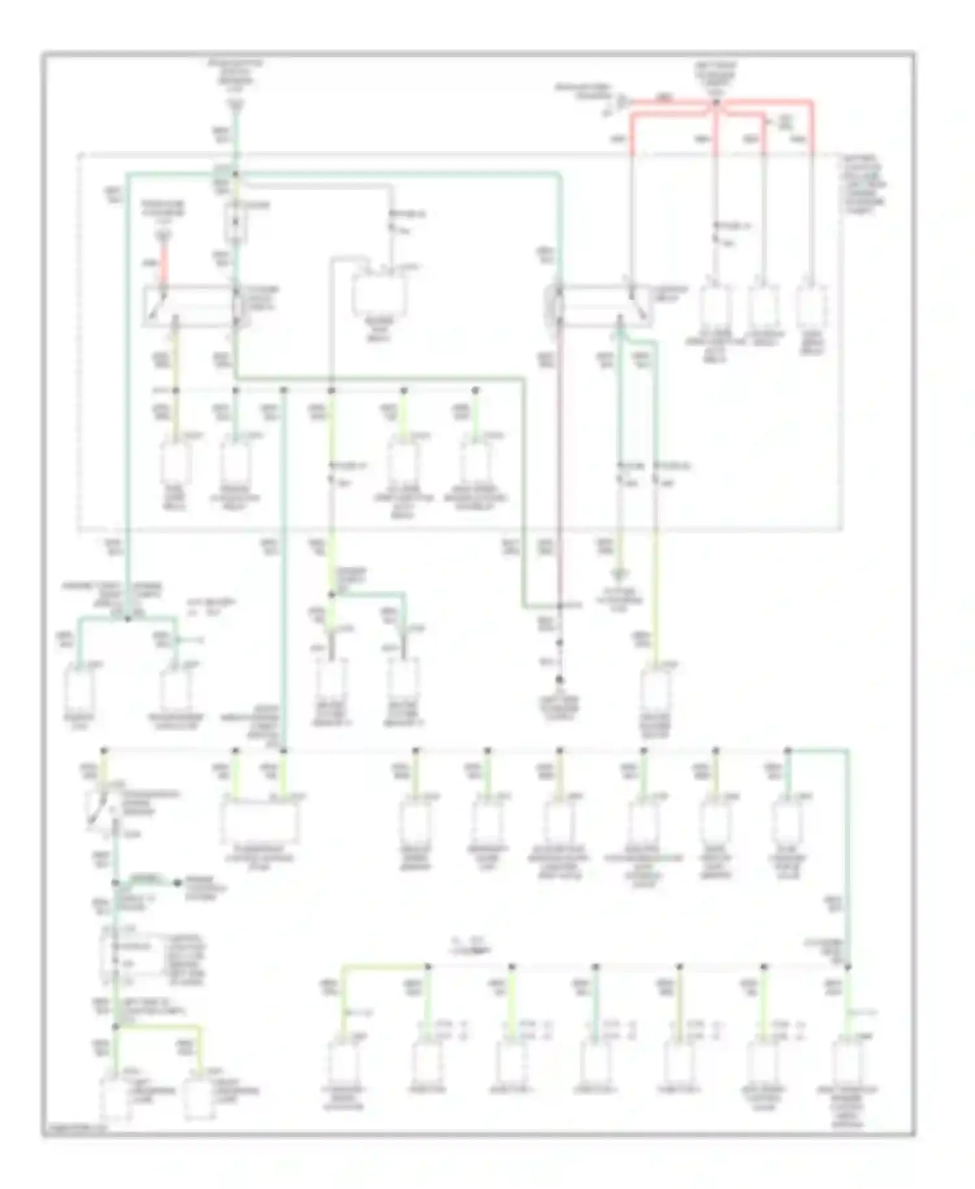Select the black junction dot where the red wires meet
pyautogui.click(x=716, y=103)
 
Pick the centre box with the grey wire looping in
pyautogui.click(x=379, y=296)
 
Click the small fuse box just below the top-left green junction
pyautogui.click(x=236, y=222)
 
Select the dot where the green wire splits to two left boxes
pyautogui.click(x=127, y=618)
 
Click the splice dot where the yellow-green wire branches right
pyautogui.click(x=331, y=594)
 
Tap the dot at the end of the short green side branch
pyautogui.click(x=177, y=883)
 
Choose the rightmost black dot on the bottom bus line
pyautogui.click(x=848, y=967)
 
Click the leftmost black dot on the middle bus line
pyautogui.click(x=105, y=751)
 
